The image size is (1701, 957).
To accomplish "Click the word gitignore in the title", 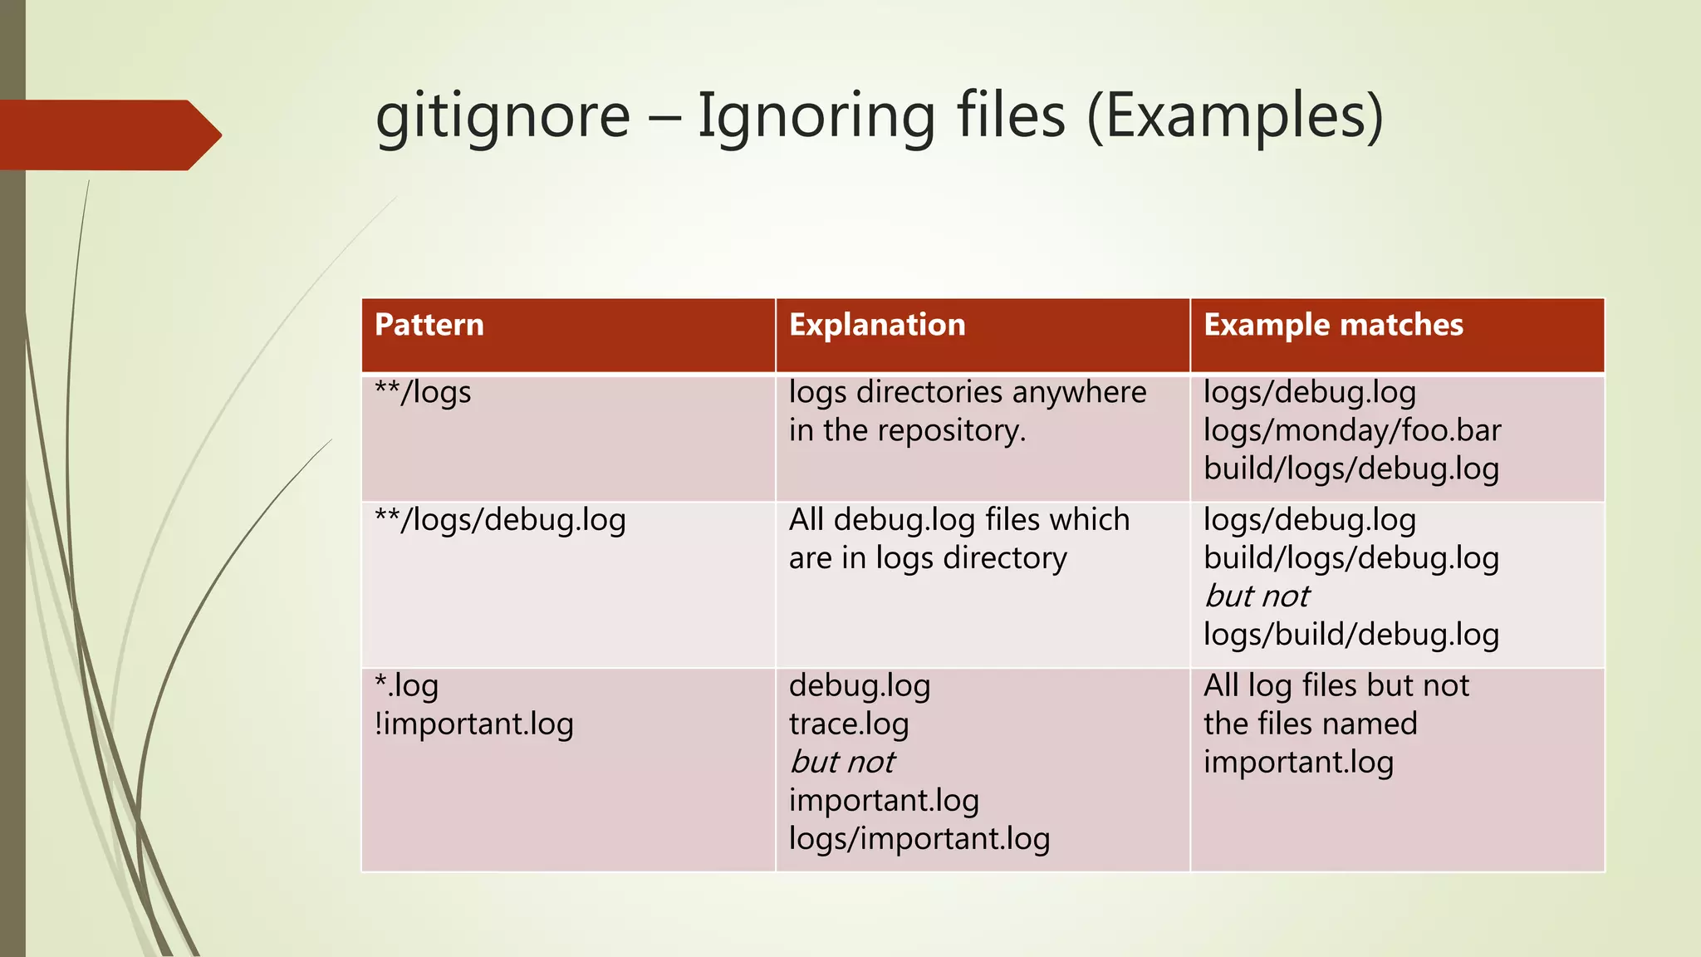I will pos(502,115).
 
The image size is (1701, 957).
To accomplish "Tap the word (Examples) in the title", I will pos(1235,115).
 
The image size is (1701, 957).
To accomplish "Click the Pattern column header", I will pos(429,325).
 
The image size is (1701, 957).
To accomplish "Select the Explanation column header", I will pos(877,325).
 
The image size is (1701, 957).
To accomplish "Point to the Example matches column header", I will pos(1333,325).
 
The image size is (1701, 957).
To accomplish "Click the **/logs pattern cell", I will pos(423,392).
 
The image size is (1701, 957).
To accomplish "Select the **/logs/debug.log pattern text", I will pos(500,520).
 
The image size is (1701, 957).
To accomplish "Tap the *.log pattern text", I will pos(406,686).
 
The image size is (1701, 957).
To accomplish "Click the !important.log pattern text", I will pos(473,724).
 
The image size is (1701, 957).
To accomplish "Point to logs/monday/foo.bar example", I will pos(1352,430).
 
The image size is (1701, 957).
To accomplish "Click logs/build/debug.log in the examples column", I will pos(1351,635).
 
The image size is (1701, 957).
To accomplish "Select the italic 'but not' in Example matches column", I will pos(1257,596).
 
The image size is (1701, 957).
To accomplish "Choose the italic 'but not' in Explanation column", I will pos(842,762).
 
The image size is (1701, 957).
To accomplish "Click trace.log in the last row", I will pos(849,724).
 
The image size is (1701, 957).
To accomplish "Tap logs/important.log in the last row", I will pos(919,839).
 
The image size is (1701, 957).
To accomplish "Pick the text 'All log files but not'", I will pos(1336,686).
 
